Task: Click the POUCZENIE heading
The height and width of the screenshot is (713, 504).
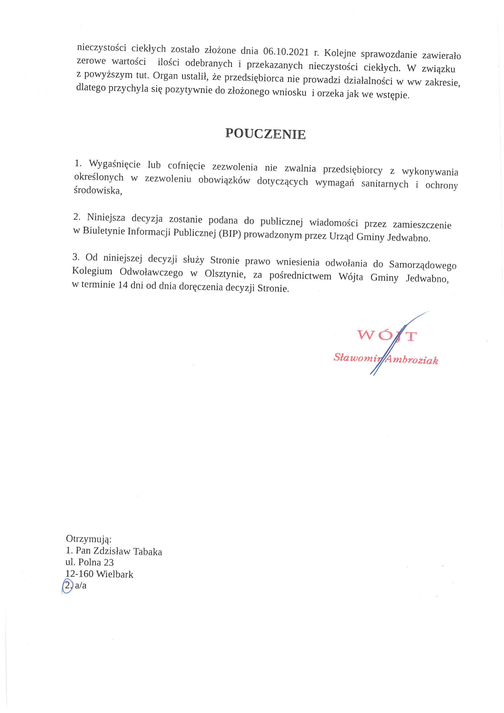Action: point(265,134)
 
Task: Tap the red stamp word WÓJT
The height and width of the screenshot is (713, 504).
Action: point(386,336)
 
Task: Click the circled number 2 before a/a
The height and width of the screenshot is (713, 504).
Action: point(67,585)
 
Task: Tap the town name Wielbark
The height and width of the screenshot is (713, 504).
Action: point(115,574)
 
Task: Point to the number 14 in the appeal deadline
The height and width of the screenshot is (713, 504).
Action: point(123,285)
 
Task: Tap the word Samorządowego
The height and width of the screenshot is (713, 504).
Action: point(423,265)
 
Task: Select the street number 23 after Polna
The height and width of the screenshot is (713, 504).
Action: point(109,562)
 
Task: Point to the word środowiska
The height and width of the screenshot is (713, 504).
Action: point(98,191)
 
